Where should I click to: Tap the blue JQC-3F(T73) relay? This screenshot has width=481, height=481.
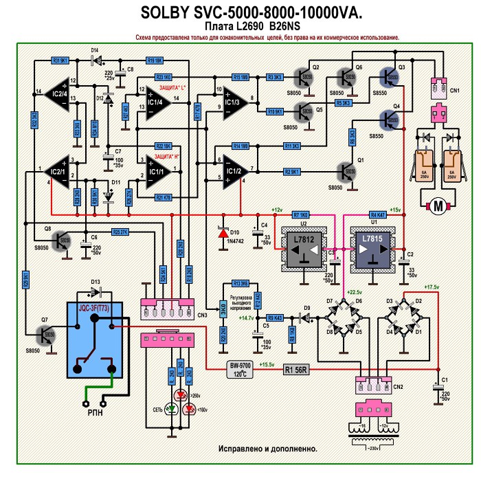(x=96, y=340)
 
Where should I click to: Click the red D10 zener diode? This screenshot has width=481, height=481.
(x=222, y=233)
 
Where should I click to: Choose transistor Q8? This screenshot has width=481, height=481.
(x=63, y=240)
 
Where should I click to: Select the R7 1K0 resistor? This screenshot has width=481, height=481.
(x=300, y=214)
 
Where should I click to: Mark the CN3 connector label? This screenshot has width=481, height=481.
(x=201, y=315)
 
